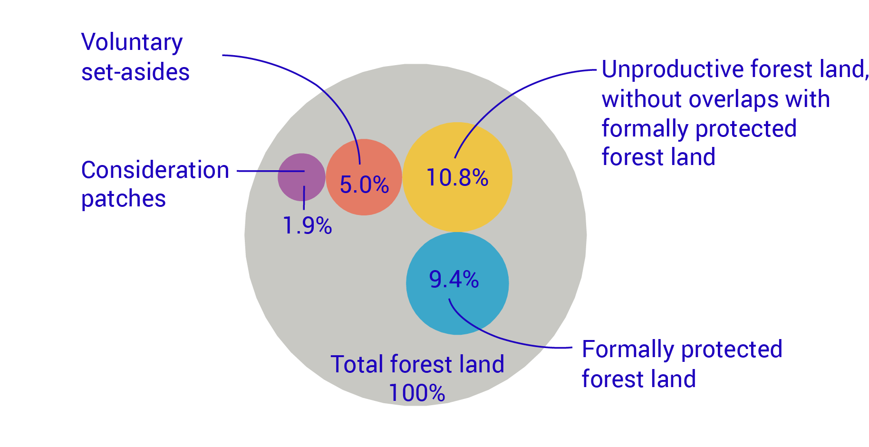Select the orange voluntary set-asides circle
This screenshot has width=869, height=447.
[x=364, y=200]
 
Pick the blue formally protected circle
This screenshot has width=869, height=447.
[x=457, y=309]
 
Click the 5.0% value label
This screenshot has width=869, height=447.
[x=364, y=185]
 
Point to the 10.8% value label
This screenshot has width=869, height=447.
[x=457, y=178]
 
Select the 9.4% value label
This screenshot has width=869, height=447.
[x=454, y=279]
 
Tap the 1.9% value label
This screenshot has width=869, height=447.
[x=307, y=225]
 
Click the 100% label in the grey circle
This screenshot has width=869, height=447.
[x=417, y=393]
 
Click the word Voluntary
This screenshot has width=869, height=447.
[x=132, y=43]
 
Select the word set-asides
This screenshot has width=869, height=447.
[x=135, y=72]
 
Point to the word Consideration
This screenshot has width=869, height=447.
[x=155, y=170]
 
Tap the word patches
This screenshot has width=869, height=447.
[x=124, y=199]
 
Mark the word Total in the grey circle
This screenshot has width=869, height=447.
[x=357, y=365]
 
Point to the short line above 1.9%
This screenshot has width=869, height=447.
[x=304, y=198]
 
